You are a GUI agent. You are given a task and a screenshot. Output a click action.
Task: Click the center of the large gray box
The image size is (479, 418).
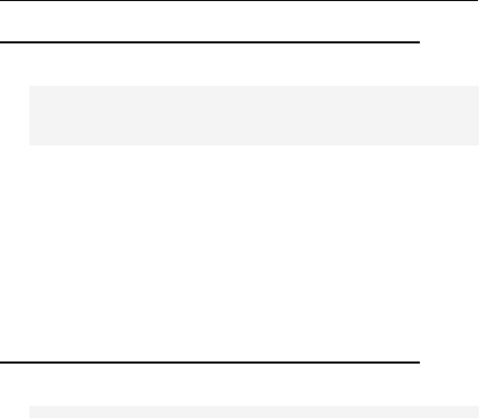(254, 116)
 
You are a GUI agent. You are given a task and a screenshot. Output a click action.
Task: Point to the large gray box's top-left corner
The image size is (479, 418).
(29, 86)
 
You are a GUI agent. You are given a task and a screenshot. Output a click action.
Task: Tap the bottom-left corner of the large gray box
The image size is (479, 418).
(29, 145)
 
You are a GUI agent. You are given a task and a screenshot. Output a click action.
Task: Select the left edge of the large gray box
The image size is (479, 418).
(29, 116)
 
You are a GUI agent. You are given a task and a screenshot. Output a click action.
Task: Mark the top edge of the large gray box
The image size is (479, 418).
(254, 86)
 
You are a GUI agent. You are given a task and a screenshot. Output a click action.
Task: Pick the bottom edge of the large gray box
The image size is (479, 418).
(254, 145)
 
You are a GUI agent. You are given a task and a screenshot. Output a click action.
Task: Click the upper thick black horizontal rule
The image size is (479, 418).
(209, 42)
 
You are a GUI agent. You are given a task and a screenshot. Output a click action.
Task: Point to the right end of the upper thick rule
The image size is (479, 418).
(420, 42)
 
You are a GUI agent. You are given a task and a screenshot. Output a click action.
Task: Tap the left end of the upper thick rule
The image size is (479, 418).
(1, 42)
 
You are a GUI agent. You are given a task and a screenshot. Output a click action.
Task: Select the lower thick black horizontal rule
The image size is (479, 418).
(209, 362)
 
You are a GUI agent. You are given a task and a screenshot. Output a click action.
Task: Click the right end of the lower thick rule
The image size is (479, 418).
(420, 362)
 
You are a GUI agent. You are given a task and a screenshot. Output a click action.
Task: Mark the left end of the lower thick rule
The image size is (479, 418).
(1, 362)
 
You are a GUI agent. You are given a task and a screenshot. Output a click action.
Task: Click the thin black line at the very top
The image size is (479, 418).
(239, 1)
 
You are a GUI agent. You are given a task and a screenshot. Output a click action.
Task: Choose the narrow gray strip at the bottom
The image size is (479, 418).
(254, 412)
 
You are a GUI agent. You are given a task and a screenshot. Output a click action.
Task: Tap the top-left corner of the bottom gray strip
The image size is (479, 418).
(29, 406)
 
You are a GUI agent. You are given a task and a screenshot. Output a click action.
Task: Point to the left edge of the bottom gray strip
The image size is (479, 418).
(29, 412)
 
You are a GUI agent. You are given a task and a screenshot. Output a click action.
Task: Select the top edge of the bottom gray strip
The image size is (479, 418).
(254, 406)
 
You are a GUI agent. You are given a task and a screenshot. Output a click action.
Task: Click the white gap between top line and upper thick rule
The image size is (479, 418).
(209, 21)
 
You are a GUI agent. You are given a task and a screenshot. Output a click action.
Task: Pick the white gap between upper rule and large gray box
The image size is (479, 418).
(209, 64)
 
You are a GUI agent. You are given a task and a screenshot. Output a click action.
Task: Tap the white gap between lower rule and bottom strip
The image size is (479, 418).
(209, 385)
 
